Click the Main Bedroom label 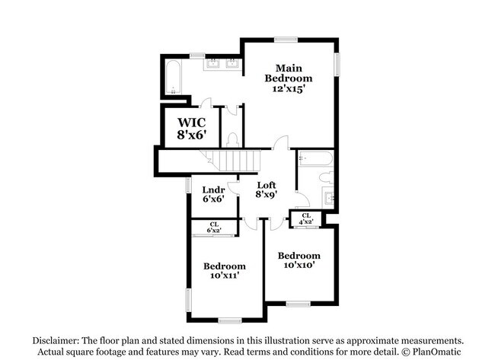coord(289,73)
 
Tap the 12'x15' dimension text coord(289,89)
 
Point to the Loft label coord(266,185)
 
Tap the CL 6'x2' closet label coord(214,226)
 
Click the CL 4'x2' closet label coord(306,218)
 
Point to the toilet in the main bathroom coord(233,139)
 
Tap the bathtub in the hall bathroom coord(315,158)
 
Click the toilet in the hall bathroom coord(326,178)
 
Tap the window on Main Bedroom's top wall coord(286,39)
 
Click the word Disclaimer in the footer coord(56,340)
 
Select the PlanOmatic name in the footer coord(441,352)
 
